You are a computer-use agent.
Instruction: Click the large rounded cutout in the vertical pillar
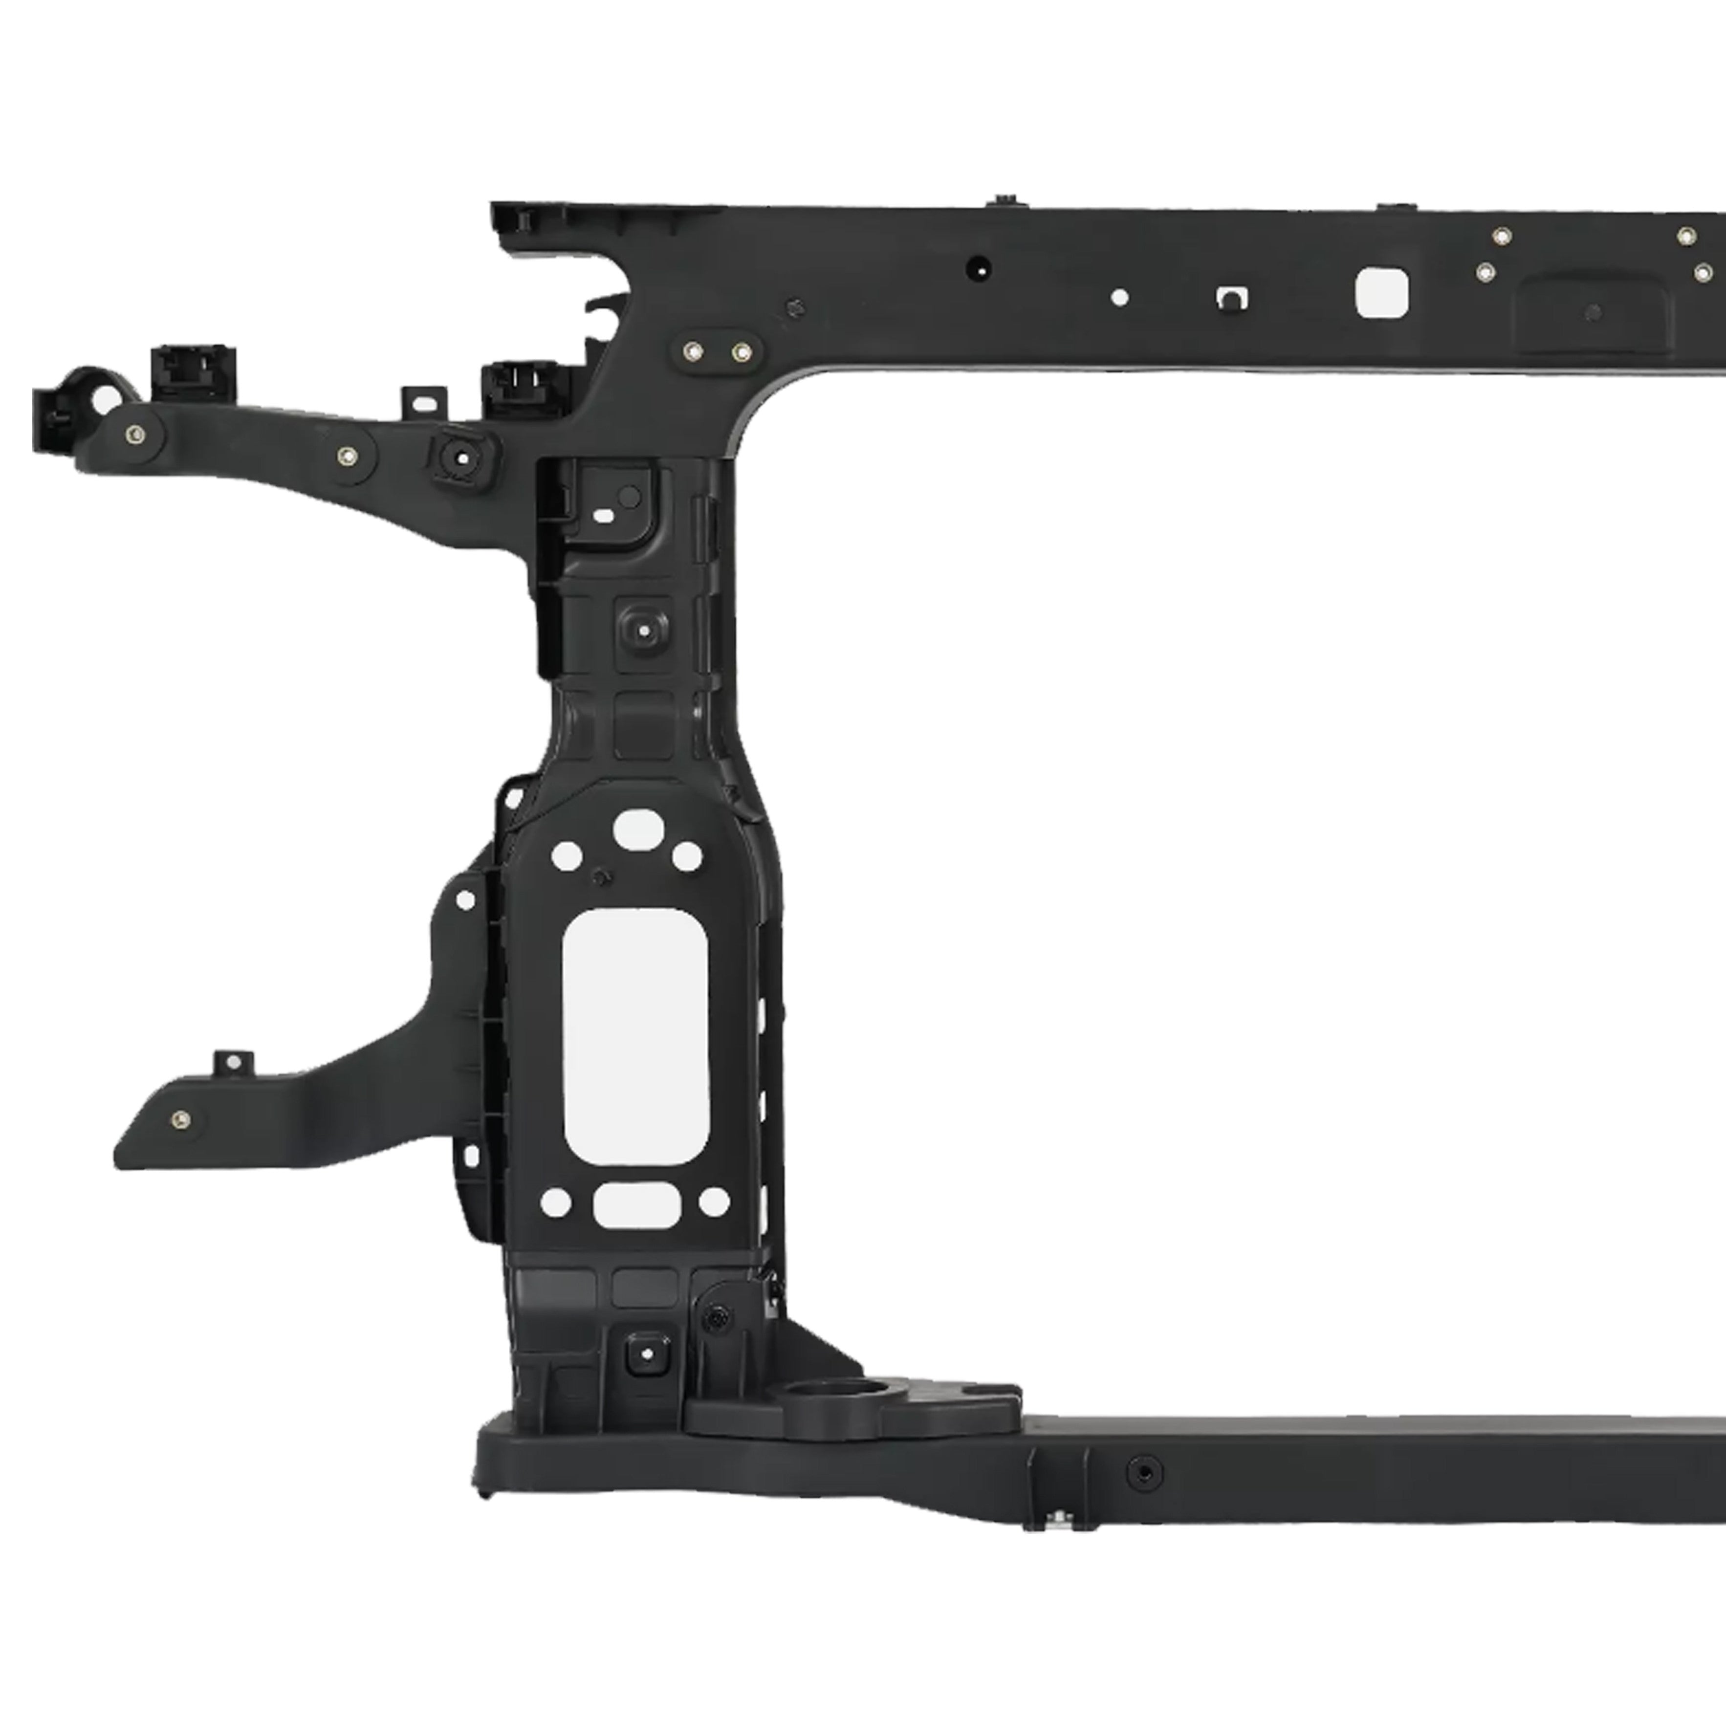point(635,1036)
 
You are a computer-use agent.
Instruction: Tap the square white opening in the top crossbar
point(1381,293)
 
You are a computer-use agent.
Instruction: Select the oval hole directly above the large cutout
point(638,829)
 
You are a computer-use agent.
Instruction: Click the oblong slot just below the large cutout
point(637,1205)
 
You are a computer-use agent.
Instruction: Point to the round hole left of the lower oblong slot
point(556,1202)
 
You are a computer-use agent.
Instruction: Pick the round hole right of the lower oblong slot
point(714,1202)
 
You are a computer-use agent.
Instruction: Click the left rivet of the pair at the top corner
point(692,350)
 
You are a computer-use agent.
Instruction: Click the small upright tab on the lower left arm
point(233,1062)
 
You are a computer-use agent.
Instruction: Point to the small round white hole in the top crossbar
point(1119,298)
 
